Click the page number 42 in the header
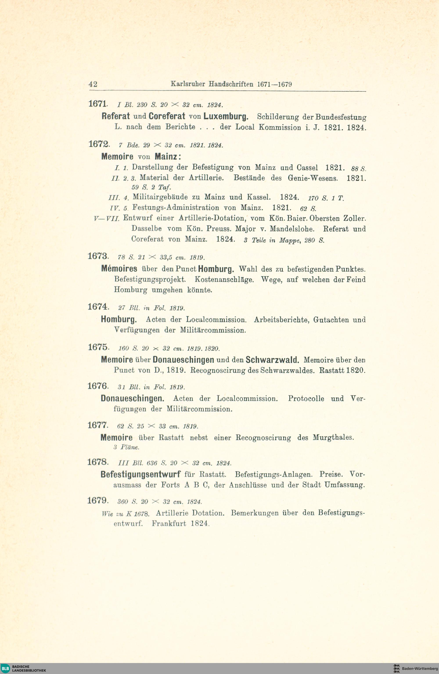point(93,84)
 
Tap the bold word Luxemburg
point(226,116)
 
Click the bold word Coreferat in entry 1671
point(167,116)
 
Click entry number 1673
point(98,256)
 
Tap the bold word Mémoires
point(119,268)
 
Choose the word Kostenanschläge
point(224,280)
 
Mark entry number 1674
point(98,307)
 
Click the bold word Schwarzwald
point(272,360)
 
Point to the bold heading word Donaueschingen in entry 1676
point(132,399)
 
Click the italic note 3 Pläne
point(126,447)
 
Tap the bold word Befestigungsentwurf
point(140,474)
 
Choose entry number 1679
point(98,501)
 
